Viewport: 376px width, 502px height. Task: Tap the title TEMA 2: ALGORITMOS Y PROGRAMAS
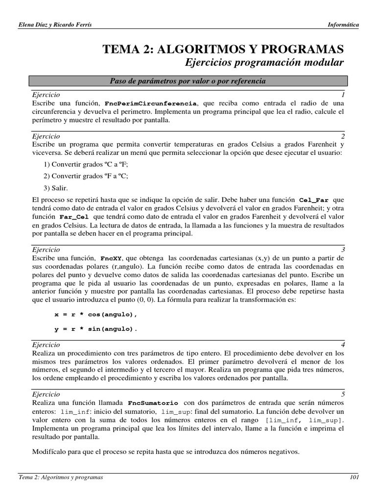click(x=223, y=49)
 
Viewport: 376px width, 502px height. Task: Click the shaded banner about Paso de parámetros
click(x=188, y=81)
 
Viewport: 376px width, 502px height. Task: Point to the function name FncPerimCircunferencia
click(x=151, y=104)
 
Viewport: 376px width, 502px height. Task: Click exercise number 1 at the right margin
click(x=343, y=94)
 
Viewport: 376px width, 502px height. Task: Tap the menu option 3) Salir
click(x=56, y=187)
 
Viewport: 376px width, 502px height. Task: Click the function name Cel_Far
click(x=313, y=201)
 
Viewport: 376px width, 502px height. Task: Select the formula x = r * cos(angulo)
click(x=95, y=314)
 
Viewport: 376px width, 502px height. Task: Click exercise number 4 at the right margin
click(x=343, y=345)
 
